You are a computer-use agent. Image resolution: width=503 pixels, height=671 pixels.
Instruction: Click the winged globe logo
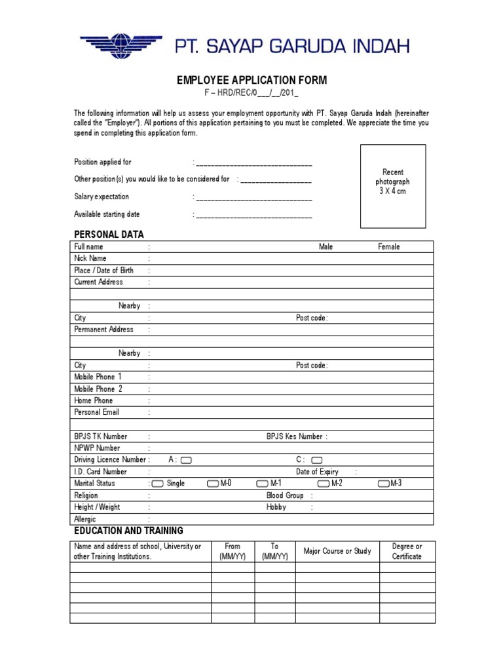point(121,46)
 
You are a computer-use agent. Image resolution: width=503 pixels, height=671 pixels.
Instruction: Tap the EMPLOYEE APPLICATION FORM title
point(251,81)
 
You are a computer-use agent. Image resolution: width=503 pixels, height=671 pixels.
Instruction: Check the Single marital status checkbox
point(157,484)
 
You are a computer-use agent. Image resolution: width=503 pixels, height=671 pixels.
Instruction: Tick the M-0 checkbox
point(212,484)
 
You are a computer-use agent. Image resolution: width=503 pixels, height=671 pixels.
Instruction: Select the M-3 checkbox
point(384,484)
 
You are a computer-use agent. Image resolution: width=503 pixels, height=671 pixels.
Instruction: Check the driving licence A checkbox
point(186,460)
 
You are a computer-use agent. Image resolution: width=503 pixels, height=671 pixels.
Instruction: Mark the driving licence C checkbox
point(317,460)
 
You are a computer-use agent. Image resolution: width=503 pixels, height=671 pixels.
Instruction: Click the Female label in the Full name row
point(388,246)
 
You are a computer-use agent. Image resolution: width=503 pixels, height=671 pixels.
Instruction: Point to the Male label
point(326,246)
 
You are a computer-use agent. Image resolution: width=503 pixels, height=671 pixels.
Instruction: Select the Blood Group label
point(285,495)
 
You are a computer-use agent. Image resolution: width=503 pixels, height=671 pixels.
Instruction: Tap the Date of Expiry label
point(317,472)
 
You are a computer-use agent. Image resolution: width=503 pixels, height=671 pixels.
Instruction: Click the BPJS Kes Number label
point(294,436)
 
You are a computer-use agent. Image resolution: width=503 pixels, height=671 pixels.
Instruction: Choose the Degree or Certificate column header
point(407,551)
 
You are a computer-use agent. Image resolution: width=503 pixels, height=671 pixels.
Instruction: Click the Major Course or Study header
point(337,551)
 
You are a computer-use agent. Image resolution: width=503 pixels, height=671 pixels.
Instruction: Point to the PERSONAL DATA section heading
point(109,234)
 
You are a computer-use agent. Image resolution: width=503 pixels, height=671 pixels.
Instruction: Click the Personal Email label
point(96,412)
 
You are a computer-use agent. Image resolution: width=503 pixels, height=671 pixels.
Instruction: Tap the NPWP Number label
point(97,448)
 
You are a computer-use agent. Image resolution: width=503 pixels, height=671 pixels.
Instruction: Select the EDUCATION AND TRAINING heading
point(128,530)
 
